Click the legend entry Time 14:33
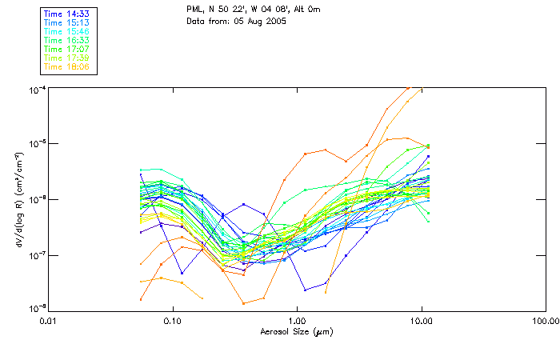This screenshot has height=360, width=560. tap(66, 13)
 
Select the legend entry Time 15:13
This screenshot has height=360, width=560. tap(66, 22)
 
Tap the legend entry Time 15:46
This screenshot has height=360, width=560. tap(66, 30)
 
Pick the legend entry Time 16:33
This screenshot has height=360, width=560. tap(66, 40)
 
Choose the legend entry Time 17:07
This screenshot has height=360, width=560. tap(66, 49)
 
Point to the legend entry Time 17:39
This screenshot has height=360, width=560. tap(66, 58)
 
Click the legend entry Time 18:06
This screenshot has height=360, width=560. tap(66, 67)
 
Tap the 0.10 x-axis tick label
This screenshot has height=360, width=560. tap(173, 321)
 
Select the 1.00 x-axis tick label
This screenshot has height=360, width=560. tap(297, 321)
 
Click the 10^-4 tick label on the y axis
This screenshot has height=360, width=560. tap(38, 89)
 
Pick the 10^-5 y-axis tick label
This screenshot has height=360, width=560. tap(38, 144)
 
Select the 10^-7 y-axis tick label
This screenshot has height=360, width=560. tap(38, 254)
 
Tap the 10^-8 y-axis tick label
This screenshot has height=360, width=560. tap(38, 309)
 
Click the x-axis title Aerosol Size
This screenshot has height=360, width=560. tap(296, 331)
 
